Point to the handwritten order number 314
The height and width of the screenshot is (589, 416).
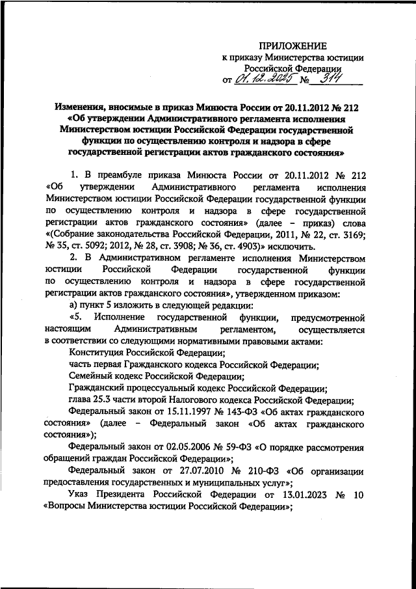327,79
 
